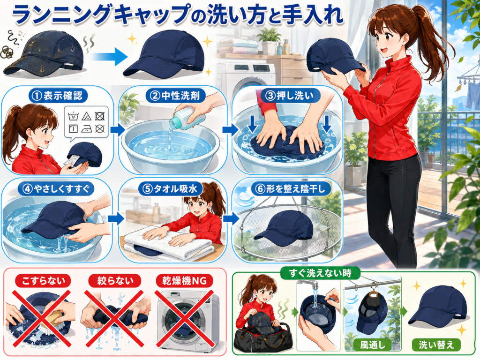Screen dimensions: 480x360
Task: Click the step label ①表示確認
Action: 58,96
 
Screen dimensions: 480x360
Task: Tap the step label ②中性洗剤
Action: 172,96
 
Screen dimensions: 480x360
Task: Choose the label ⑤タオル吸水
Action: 171,189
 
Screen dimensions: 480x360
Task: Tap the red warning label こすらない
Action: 43,281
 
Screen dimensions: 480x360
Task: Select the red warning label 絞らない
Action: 115,281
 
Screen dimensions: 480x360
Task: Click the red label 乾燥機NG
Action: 184,281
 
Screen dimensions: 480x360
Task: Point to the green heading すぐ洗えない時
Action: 320,273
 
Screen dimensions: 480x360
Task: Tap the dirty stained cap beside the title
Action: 44,56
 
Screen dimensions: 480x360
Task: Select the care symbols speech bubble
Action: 86,122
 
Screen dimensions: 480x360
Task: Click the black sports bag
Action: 262,335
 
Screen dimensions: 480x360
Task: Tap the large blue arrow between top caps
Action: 109,56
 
